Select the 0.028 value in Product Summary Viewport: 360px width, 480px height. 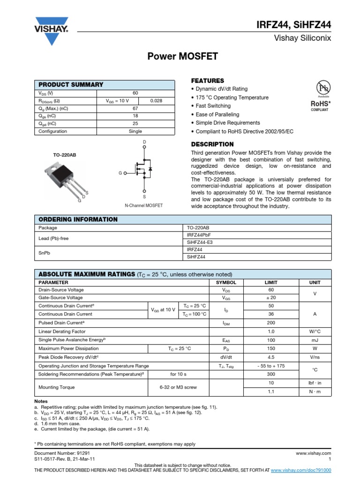click(x=156, y=101)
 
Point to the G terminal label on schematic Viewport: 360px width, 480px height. click(x=120, y=173)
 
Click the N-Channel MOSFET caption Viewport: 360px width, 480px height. click(x=143, y=205)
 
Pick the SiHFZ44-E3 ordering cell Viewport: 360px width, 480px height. click(x=200, y=242)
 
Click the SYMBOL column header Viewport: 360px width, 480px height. click(x=226, y=283)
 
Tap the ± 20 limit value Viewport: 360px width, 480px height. click(x=271, y=297)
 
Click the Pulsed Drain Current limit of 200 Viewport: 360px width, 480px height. click(x=271, y=323)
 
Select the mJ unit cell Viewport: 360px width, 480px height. click(x=315, y=340)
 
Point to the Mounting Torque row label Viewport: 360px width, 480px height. click(x=56, y=387)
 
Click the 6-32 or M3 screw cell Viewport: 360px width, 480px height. click(x=178, y=387)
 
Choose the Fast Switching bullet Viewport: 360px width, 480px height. click(x=214, y=106)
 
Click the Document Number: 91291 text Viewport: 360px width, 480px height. click(x=62, y=453)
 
